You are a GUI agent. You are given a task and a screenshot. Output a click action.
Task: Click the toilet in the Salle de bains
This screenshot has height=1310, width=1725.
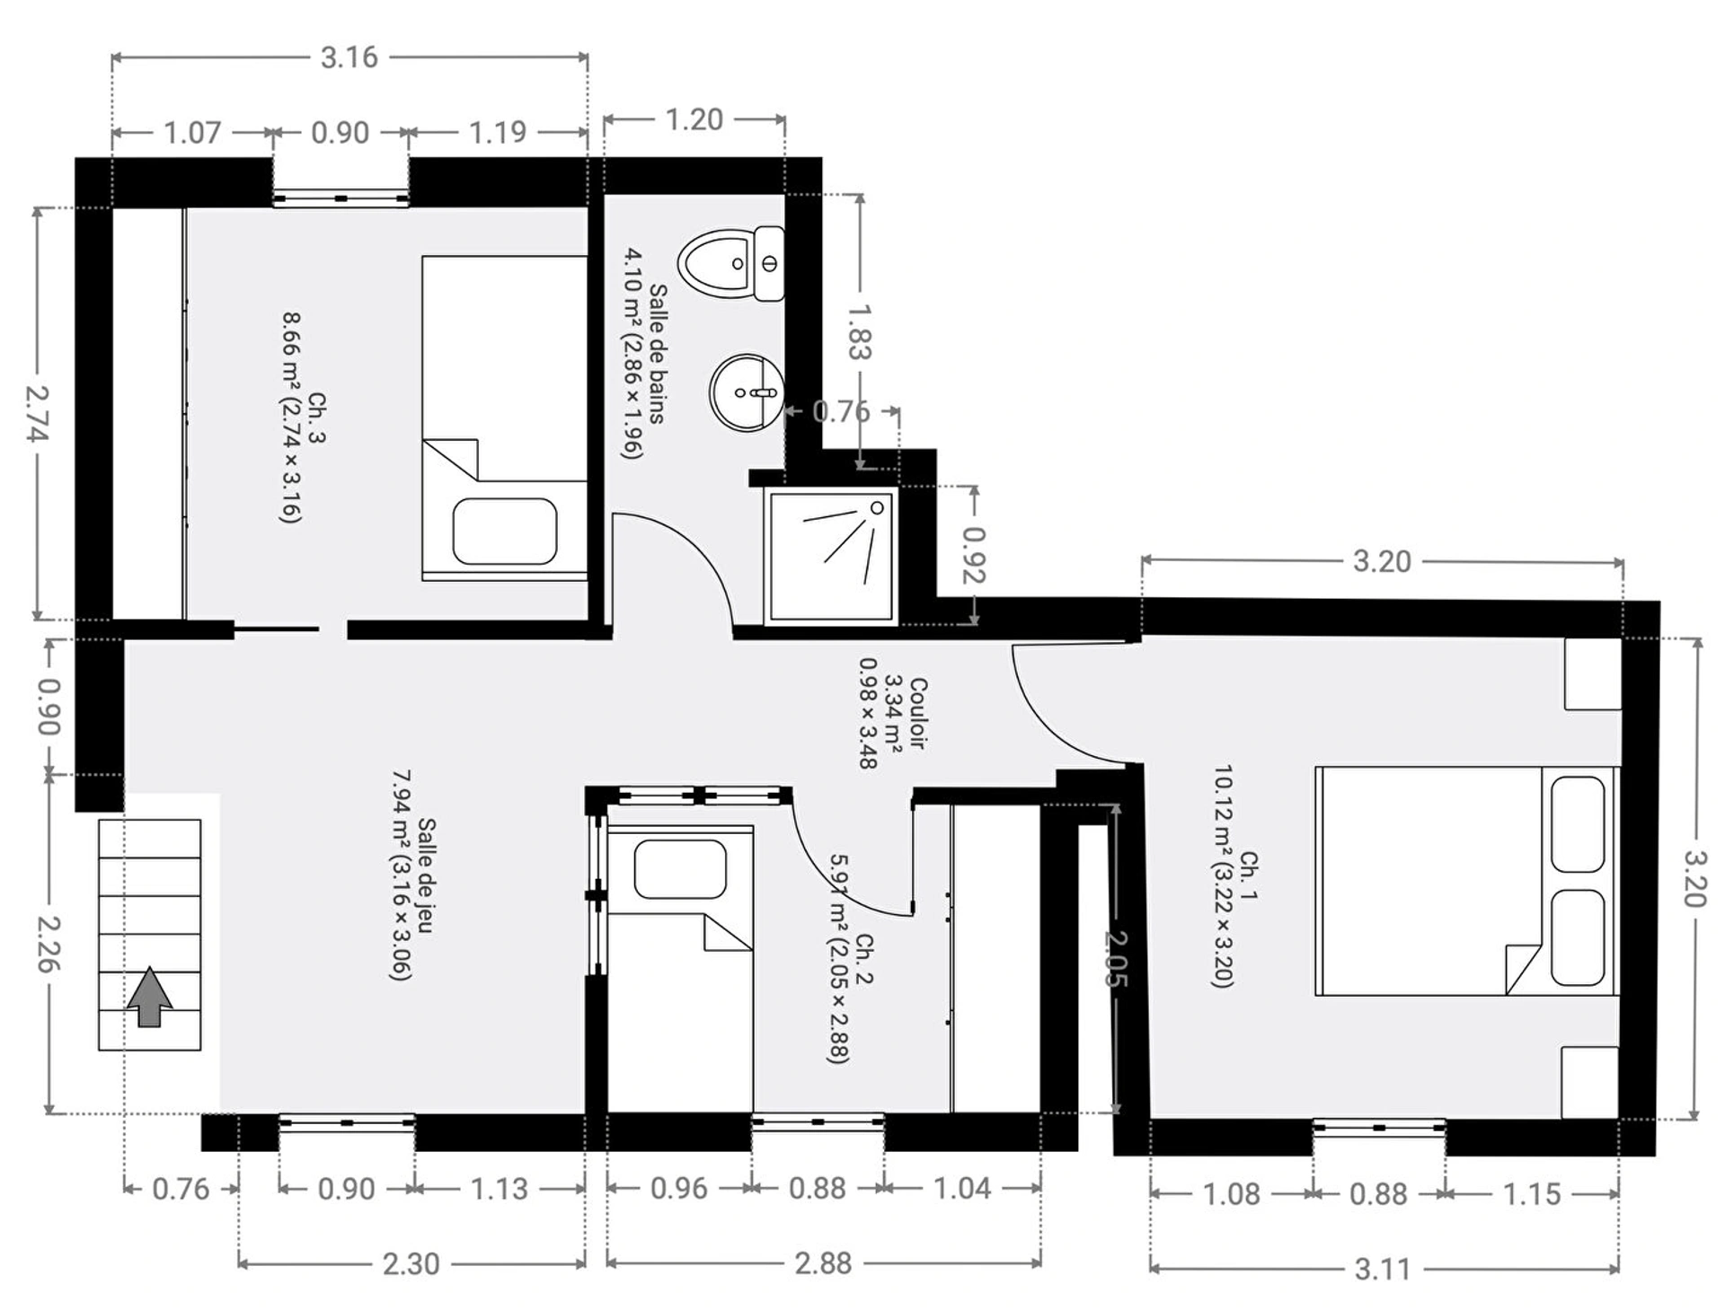click(x=731, y=263)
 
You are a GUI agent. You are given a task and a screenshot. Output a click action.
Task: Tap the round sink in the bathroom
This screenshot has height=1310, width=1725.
click(x=746, y=392)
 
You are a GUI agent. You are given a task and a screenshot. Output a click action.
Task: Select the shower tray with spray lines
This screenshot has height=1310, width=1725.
click(x=831, y=556)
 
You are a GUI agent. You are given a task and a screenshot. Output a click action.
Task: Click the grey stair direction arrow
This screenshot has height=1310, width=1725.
click(x=149, y=996)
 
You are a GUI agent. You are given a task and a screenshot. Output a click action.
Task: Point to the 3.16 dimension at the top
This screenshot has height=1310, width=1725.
click(x=349, y=57)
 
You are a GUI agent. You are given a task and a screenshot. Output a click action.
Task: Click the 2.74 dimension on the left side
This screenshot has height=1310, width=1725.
click(x=38, y=414)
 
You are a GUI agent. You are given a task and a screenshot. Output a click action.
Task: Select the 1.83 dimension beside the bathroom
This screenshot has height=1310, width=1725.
click(x=860, y=331)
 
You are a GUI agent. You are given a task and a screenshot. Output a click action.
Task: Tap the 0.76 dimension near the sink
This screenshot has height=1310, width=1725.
click(x=841, y=411)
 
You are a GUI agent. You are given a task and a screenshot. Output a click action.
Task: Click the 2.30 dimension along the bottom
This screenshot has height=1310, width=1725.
click(x=411, y=1263)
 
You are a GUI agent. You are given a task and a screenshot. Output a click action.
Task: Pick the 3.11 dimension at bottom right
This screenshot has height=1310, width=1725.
click(x=1383, y=1269)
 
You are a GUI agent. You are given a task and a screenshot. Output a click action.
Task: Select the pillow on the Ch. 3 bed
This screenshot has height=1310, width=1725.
click(x=504, y=532)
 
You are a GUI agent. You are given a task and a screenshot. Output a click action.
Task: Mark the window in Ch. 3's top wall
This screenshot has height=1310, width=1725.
click(x=341, y=198)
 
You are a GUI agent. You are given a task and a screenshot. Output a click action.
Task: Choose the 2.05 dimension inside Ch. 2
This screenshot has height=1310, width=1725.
click(x=1115, y=959)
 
